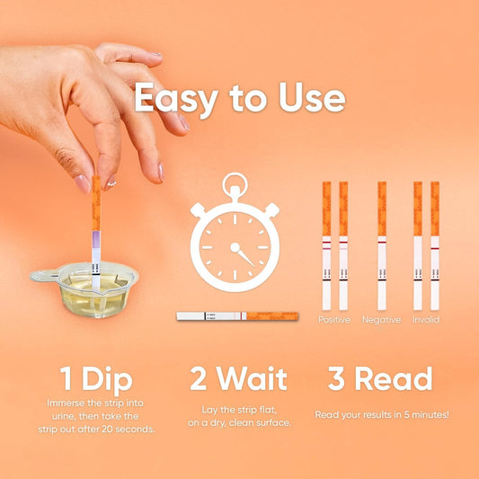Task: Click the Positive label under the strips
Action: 335,320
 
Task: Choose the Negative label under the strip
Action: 381,320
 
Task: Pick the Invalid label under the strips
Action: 426,320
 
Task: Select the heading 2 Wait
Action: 238,378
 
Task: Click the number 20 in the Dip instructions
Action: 119,429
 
